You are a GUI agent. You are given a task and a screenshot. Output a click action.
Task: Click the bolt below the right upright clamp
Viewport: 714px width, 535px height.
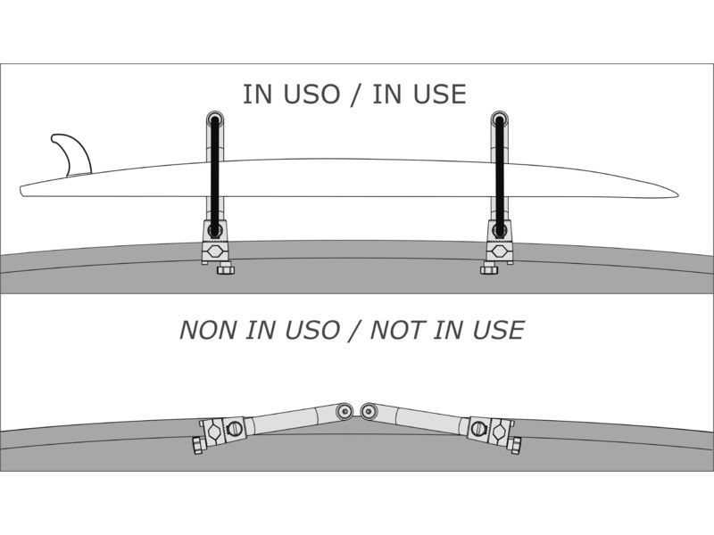(x=488, y=268)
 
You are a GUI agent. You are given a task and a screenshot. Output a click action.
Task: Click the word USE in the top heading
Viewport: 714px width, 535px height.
(x=438, y=95)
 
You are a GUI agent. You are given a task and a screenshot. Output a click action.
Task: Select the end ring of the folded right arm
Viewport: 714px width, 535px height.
(x=368, y=410)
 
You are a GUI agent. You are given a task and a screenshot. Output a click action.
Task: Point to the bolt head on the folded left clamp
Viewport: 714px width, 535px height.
(x=196, y=444)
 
